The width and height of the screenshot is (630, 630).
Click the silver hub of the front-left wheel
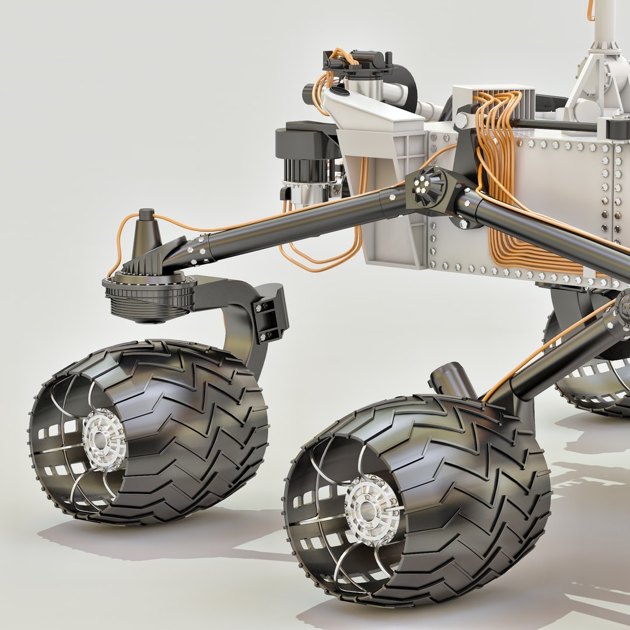104,439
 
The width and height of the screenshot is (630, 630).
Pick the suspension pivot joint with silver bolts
429,188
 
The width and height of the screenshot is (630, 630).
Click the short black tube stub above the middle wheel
452,379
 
